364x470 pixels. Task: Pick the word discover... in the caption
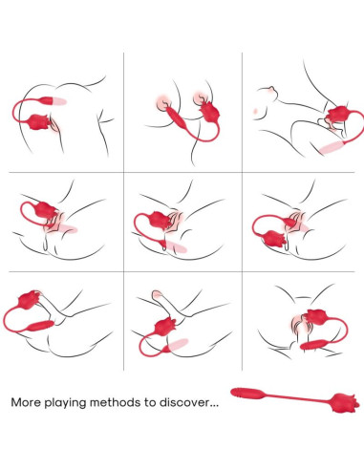coord(199,401)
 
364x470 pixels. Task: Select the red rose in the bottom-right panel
coord(308,320)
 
